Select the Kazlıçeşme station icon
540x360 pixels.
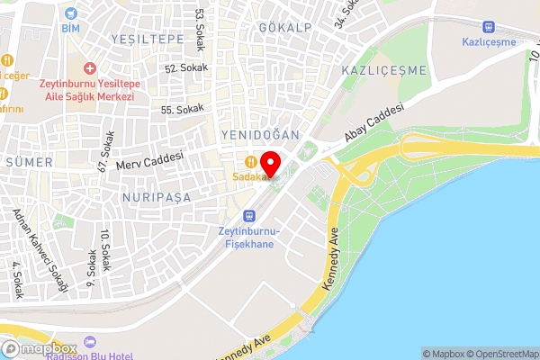(489, 28)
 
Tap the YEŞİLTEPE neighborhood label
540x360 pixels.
(146, 40)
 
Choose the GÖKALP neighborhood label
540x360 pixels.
(284, 28)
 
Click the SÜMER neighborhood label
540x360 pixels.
(29, 162)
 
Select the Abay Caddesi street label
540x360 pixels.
(373, 124)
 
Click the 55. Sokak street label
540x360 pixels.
(183, 109)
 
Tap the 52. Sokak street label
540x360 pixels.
(186, 67)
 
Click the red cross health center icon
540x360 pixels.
(88, 68)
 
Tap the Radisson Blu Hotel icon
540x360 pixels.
(88, 341)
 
